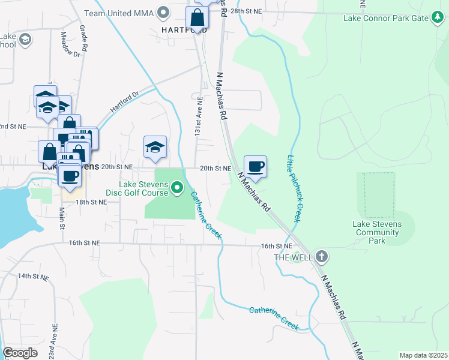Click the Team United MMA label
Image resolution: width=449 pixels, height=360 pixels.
[118, 13]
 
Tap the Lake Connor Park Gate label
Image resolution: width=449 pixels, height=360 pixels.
[386, 18]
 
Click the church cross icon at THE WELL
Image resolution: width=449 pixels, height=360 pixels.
[322, 257]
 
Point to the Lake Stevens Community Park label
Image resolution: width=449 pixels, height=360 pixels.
[376, 232]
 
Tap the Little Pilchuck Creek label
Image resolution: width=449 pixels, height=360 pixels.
[295, 187]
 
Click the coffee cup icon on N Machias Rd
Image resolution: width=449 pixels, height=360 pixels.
[255, 166]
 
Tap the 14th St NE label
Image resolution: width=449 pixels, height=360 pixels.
[32, 276]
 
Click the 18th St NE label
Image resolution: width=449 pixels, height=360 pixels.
[91, 202]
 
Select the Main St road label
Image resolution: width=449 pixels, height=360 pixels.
[62, 217]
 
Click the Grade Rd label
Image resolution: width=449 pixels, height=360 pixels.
[85, 39]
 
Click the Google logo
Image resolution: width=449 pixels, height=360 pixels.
[20, 353]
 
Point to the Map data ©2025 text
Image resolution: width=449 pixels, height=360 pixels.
[423, 355]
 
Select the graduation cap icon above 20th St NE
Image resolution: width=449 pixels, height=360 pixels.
[155, 147]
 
